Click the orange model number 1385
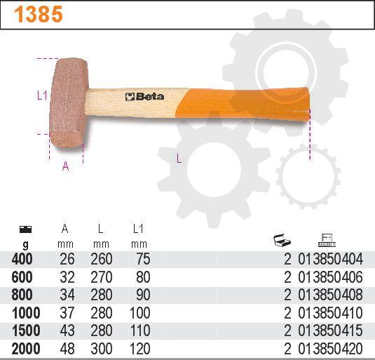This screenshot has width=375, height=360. tap(39, 14)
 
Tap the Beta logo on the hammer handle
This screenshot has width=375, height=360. tap(144, 96)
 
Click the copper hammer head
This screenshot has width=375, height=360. tap(69, 103)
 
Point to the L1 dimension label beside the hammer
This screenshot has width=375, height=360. tap(42, 95)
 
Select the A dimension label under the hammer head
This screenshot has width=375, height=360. tap(65, 166)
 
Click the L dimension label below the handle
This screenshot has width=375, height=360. tap(179, 159)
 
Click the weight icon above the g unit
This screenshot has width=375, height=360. tap(25, 229)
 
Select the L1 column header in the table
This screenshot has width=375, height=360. tap(138, 229)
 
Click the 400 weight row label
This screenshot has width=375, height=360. tap(22, 259)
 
